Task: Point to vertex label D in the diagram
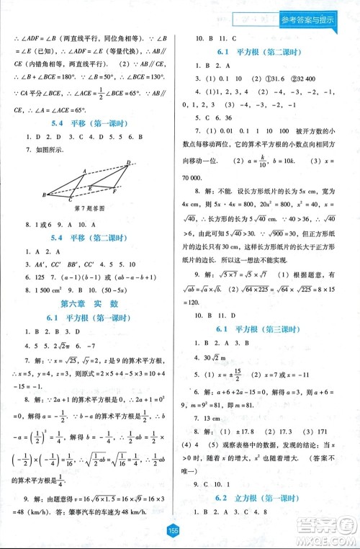pyautogui.click(x=128, y=162)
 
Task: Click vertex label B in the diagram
pyautogui.click(x=45, y=195)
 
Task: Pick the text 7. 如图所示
pyautogui.click(x=44, y=151)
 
